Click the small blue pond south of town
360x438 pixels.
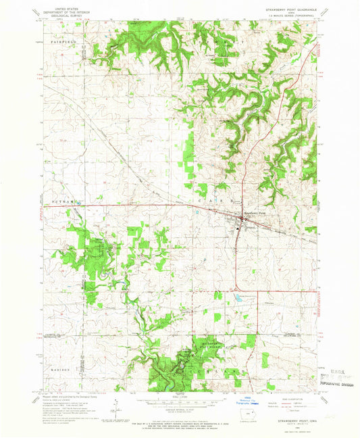pyautogui.click(x=238, y=296)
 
